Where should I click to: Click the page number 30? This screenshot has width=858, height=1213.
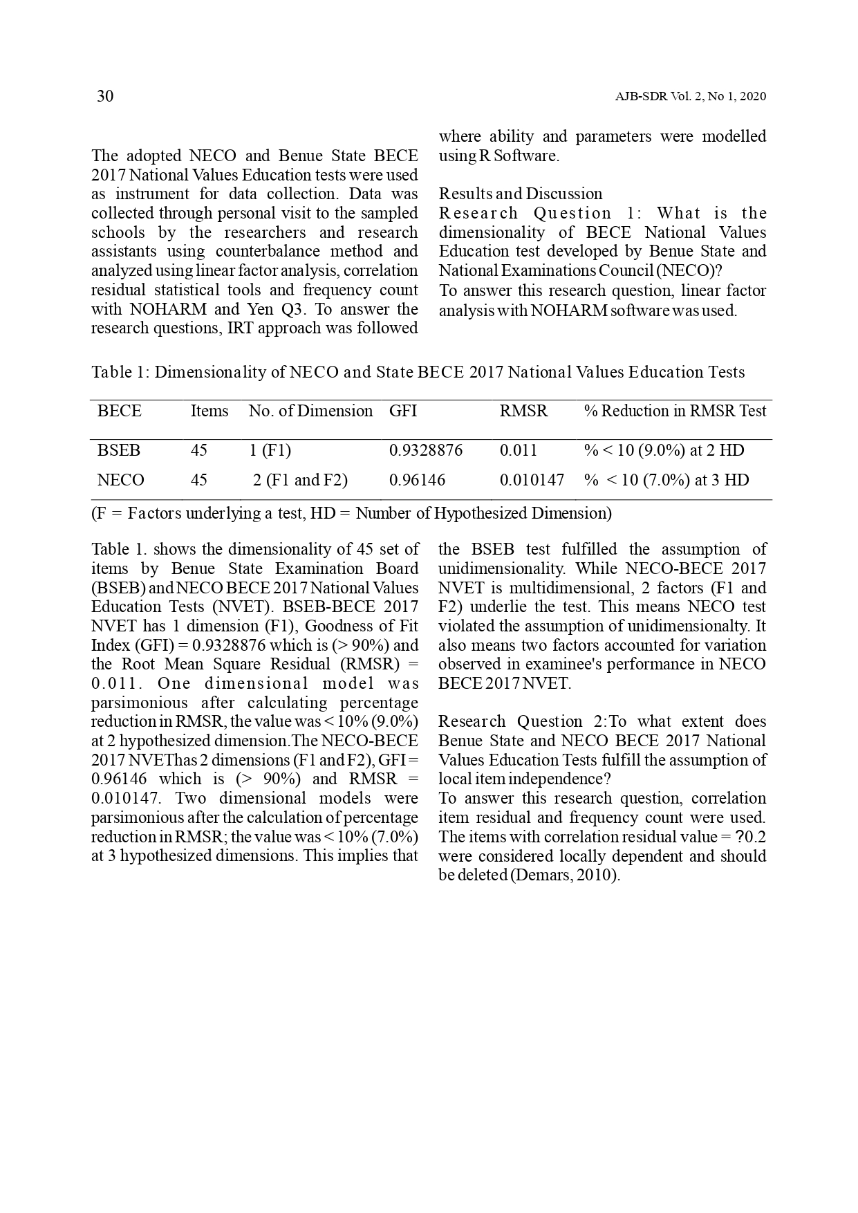(x=105, y=96)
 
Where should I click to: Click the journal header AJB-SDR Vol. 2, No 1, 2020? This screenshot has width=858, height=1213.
(x=690, y=97)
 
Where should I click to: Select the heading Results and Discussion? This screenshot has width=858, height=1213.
(x=521, y=194)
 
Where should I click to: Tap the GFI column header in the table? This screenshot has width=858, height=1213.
(x=403, y=411)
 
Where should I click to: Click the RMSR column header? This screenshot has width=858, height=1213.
(x=523, y=411)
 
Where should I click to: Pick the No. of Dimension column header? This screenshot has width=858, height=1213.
(x=310, y=411)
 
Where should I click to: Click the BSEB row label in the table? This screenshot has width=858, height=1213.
(x=119, y=450)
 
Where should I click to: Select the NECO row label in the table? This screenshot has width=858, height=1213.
(x=121, y=480)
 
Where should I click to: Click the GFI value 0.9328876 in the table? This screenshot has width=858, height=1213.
(x=425, y=450)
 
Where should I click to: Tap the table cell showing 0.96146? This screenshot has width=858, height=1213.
(x=417, y=480)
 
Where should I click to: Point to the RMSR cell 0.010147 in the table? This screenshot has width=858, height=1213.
(x=532, y=480)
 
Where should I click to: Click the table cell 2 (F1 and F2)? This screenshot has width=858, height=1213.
(x=300, y=480)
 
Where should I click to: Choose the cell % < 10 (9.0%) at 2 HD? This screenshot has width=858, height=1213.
(x=664, y=450)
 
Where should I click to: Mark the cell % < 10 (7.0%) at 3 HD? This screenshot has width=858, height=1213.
(x=666, y=480)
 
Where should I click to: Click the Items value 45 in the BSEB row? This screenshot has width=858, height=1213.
(x=199, y=450)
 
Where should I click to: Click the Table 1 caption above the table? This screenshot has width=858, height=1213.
(x=418, y=372)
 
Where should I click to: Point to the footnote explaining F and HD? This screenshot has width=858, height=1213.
(x=351, y=513)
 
